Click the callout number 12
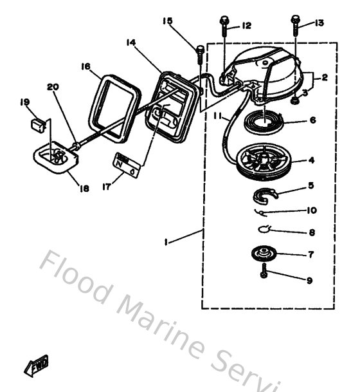click(246, 26)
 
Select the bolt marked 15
click(200, 50)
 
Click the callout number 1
click(166, 243)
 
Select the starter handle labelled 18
click(52, 158)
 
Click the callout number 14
click(130, 42)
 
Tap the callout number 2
click(325, 77)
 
